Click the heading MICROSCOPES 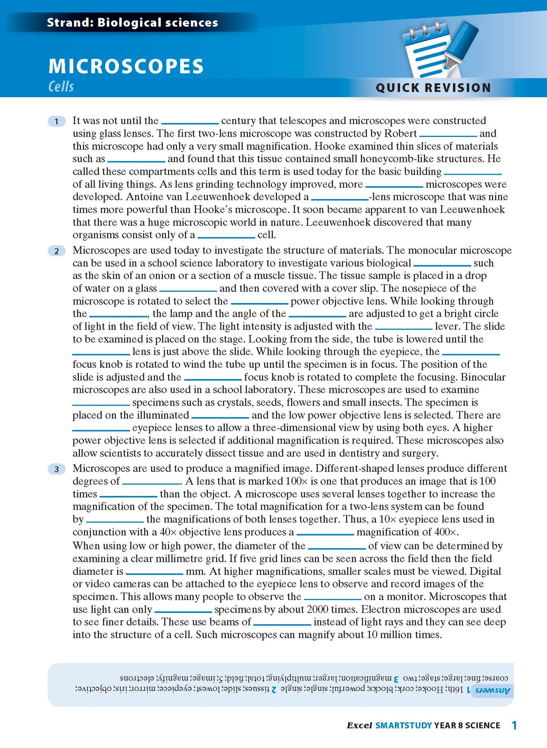tap(126, 66)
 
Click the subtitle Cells tap(61, 87)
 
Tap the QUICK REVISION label tap(433, 88)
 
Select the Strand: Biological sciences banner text tap(132, 23)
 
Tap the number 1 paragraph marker tap(57, 121)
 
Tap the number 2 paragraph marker tap(57, 251)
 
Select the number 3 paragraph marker tap(57, 469)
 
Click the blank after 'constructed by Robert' tap(448, 135)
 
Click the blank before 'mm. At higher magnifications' tap(154, 573)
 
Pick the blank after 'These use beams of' tap(282, 624)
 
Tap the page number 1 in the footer tap(514, 725)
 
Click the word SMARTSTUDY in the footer tap(404, 725)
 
